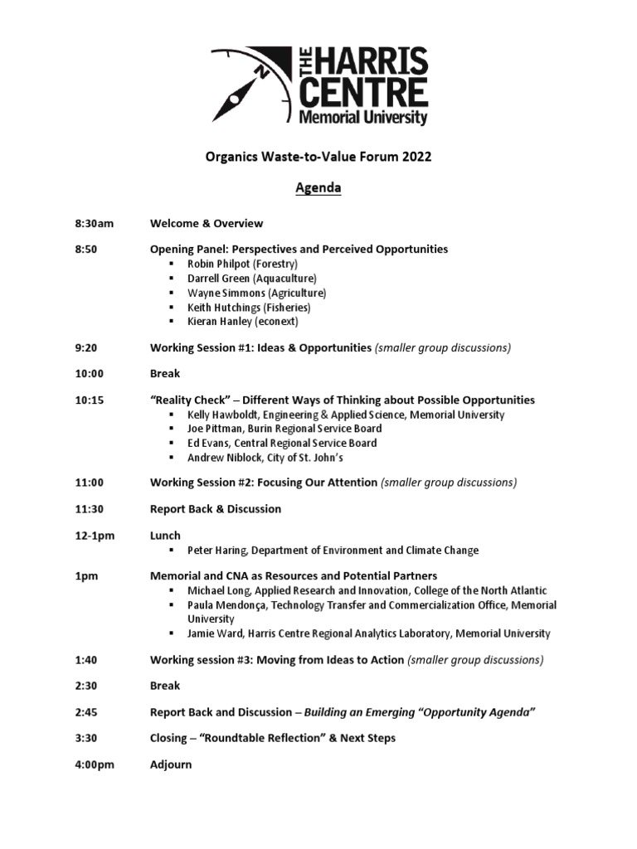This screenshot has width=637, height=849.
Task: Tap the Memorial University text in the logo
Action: [363, 118]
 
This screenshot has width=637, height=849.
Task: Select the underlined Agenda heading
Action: [318, 188]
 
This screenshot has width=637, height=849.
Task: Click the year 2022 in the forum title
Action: [416, 157]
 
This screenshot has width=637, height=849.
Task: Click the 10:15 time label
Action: [85, 400]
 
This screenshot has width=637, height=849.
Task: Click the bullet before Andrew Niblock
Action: [171, 458]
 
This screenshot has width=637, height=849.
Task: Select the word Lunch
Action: [165, 536]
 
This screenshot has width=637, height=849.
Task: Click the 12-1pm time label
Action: [90, 536]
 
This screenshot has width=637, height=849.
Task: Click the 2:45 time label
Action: [81, 712]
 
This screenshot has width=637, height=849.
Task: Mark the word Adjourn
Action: [171, 764]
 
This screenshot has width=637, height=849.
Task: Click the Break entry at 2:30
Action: [165, 686]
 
